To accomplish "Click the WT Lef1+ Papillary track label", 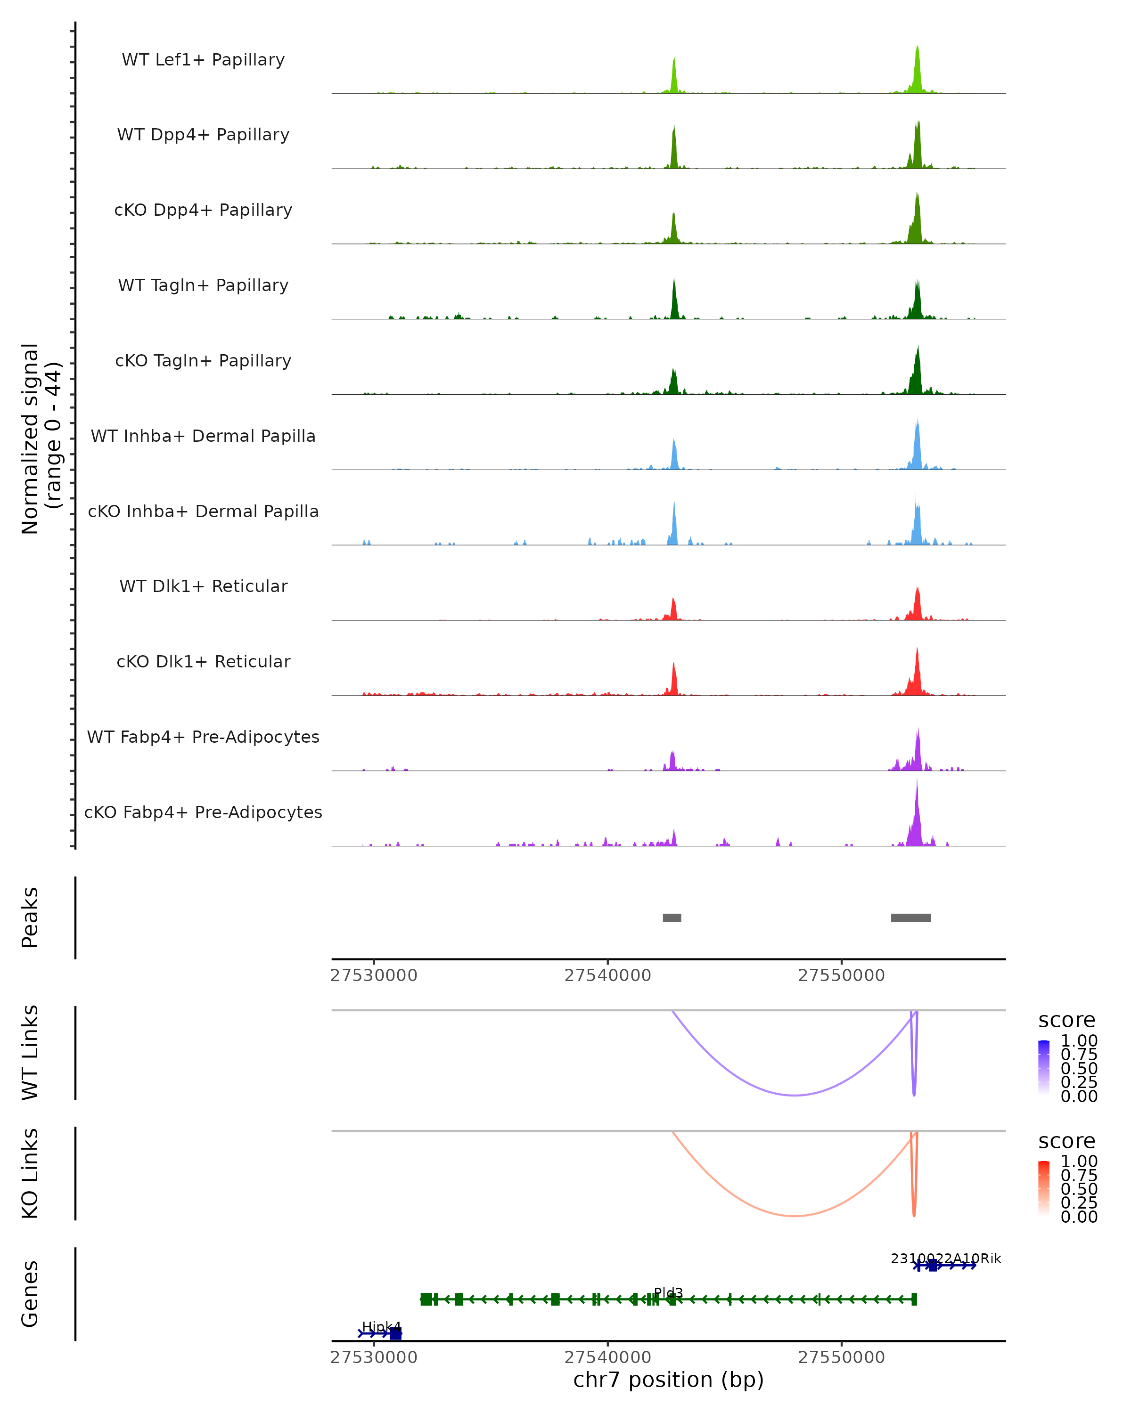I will tap(203, 60).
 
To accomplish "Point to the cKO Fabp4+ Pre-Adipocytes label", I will tap(203, 812).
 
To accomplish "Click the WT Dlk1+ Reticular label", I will tap(203, 586).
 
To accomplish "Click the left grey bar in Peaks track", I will tap(672, 918).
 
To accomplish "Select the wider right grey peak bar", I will tap(911, 918).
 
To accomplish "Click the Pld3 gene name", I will tap(668, 1292).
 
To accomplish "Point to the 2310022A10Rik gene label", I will tap(945, 1259).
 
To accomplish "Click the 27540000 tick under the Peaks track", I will tap(608, 975).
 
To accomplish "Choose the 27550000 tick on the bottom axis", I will tap(841, 1357).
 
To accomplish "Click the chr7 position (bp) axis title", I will tap(668, 1380).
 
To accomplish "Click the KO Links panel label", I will tap(30, 1174).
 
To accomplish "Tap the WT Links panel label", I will tap(30, 1053).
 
